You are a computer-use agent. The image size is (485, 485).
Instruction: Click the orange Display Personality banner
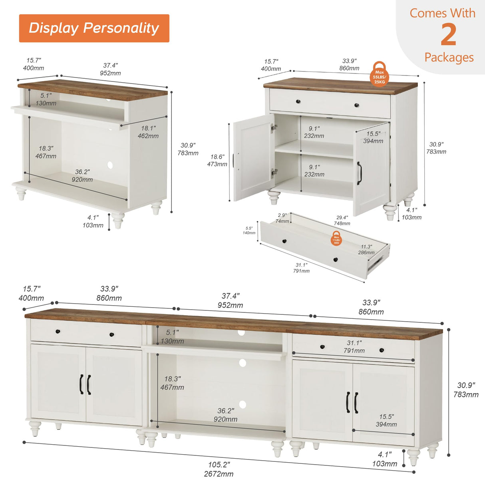[x=94, y=28]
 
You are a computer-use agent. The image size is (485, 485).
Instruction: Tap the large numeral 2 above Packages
[x=448, y=35]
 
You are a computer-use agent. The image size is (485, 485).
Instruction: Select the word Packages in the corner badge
[x=449, y=58]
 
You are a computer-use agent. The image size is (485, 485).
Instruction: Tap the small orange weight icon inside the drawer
[x=336, y=239]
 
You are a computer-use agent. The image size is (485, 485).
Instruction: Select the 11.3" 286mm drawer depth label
[x=366, y=250]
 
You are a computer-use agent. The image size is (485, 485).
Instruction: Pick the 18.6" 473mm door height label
[x=217, y=161]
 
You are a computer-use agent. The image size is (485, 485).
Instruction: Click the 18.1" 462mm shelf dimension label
[x=148, y=132]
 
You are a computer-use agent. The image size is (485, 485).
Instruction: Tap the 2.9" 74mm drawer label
[x=282, y=218]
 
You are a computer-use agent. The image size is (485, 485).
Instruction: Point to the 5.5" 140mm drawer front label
[x=249, y=231]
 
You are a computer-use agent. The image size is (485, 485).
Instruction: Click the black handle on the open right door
[x=359, y=173]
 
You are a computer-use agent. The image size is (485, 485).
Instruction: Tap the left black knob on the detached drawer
[x=284, y=241]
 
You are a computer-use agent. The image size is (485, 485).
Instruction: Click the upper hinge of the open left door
[x=274, y=127]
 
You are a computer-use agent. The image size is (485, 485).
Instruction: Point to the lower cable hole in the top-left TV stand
[x=110, y=165]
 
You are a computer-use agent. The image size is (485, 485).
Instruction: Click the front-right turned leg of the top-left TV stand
[x=118, y=220]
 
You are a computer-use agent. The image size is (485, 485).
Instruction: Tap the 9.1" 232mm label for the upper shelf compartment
[x=314, y=132]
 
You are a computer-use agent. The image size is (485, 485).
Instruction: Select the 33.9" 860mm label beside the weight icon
[x=349, y=65]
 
